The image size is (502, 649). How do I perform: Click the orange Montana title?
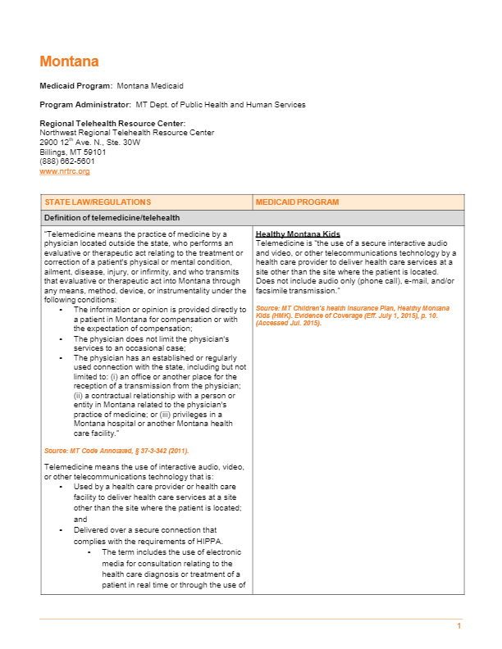point(69,62)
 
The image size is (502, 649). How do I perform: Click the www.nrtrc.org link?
point(65,171)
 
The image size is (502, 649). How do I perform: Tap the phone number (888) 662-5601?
point(67,161)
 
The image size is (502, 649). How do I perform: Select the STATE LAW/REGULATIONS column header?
point(98,202)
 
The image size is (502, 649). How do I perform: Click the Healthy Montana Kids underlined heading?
point(298,234)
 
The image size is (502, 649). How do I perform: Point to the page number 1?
point(459,626)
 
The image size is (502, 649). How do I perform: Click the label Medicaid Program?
point(76,86)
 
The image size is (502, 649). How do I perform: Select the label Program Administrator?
point(85,105)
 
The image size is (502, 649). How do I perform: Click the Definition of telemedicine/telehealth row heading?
point(112,217)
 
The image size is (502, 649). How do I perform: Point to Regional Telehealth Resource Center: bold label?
point(112,123)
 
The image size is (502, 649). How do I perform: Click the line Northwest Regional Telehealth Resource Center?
point(127,132)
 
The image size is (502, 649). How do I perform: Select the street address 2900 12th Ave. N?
point(90,142)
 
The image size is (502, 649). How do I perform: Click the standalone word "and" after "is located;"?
point(80,519)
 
